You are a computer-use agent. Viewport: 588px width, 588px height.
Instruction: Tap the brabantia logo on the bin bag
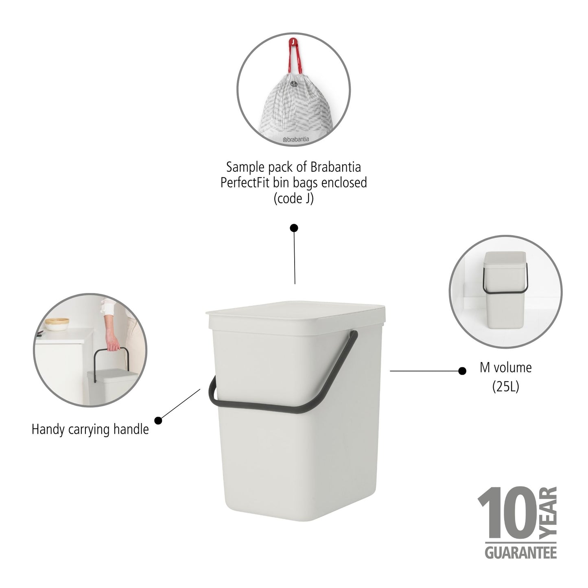point(296,139)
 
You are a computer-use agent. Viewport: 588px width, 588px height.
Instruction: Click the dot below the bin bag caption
point(294,227)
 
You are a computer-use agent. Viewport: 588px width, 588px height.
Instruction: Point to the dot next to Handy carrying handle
point(158,420)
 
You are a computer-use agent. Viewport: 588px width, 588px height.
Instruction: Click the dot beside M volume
point(462,371)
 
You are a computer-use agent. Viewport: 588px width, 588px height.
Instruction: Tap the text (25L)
point(505,387)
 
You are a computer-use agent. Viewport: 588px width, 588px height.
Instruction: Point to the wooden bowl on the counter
point(57,324)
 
